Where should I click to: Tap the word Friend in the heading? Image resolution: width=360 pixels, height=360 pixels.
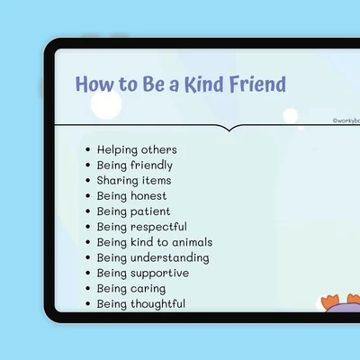click(x=257, y=84)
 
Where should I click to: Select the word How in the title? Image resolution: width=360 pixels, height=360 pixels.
click(x=94, y=84)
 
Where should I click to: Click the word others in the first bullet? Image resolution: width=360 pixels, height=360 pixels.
click(x=159, y=149)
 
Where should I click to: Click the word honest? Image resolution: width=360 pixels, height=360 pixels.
click(x=148, y=196)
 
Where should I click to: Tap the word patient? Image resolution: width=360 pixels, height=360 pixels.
click(x=150, y=211)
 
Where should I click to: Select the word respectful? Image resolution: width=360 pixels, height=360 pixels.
click(x=158, y=227)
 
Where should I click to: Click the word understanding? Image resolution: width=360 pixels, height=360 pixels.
click(x=170, y=258)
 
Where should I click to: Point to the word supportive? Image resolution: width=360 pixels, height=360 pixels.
click(x=159, y=274)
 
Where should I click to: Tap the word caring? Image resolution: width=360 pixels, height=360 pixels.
click(x=148, y=289)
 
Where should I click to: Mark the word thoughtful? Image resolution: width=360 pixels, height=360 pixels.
click(x=157, y=304)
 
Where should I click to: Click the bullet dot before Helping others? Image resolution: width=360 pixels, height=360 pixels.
click(x=87, y=149)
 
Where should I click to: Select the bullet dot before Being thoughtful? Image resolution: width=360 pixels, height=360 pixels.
click(x=87, y=304)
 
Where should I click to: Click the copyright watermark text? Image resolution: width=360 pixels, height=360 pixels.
click(x=346, y=121)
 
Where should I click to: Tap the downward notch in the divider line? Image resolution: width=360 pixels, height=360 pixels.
click(x=229, y=130)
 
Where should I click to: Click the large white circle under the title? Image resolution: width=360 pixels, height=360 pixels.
click(x=106, y=104)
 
